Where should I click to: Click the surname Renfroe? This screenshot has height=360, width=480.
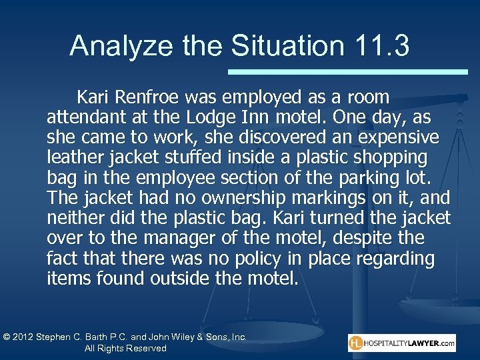[149, 98]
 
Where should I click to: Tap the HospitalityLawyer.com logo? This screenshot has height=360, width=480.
[401, 343]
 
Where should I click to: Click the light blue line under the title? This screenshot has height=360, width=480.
[347, 71]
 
